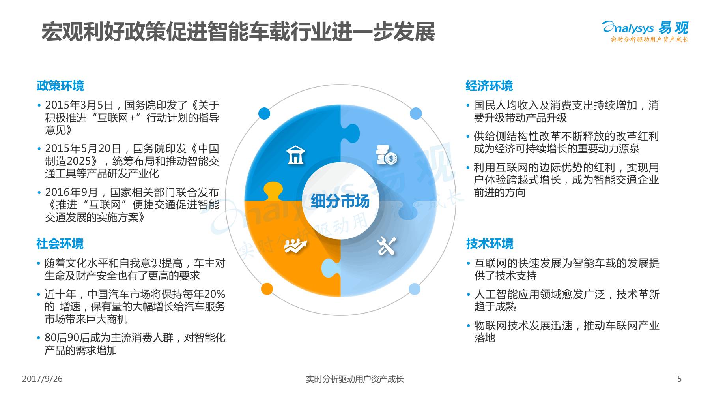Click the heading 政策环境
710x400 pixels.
click(x=60, y=86)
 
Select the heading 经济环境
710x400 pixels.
click(x=489, y=86)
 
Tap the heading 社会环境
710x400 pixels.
click(x=60, y=244)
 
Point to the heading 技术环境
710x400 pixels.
click(x=490, y=244)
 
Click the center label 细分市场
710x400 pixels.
click(x=340, y=201)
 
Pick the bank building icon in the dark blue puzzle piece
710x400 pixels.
click(x=295, y=155)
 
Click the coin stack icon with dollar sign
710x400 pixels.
click(x=386, y=155)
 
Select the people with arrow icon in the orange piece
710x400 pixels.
click(x=296, y=246)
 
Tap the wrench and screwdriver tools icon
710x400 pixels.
click(x=386, y=246)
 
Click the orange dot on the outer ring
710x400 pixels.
click(x=267, y=289)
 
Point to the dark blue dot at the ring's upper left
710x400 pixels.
click(x=264, y=114)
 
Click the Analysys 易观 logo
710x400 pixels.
click(x=645, y=30)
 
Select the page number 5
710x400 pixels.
click(x=679, y=379)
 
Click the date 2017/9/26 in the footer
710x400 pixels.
click(x=42, y=379)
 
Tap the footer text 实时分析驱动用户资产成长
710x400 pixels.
click(x=355, y=379)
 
